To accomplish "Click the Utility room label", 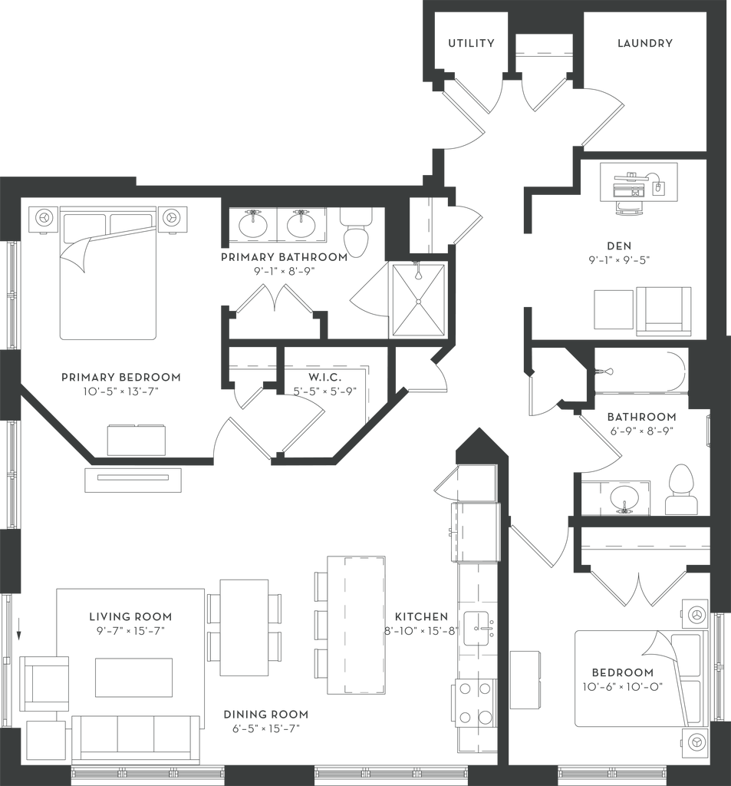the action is click(471, 45).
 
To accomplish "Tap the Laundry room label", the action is click(645, 45).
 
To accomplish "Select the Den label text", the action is click(618, 246).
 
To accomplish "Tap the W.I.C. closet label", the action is click(324, 378).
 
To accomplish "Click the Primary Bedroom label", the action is click(120, 378).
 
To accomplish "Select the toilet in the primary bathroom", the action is click(357, 234).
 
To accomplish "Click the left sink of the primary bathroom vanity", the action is click(250, 226).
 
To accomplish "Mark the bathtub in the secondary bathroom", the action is click(643, 372).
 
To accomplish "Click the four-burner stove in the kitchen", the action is click(475, 702).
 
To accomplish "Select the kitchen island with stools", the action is click(354, 625).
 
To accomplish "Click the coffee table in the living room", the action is click(133, 677).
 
